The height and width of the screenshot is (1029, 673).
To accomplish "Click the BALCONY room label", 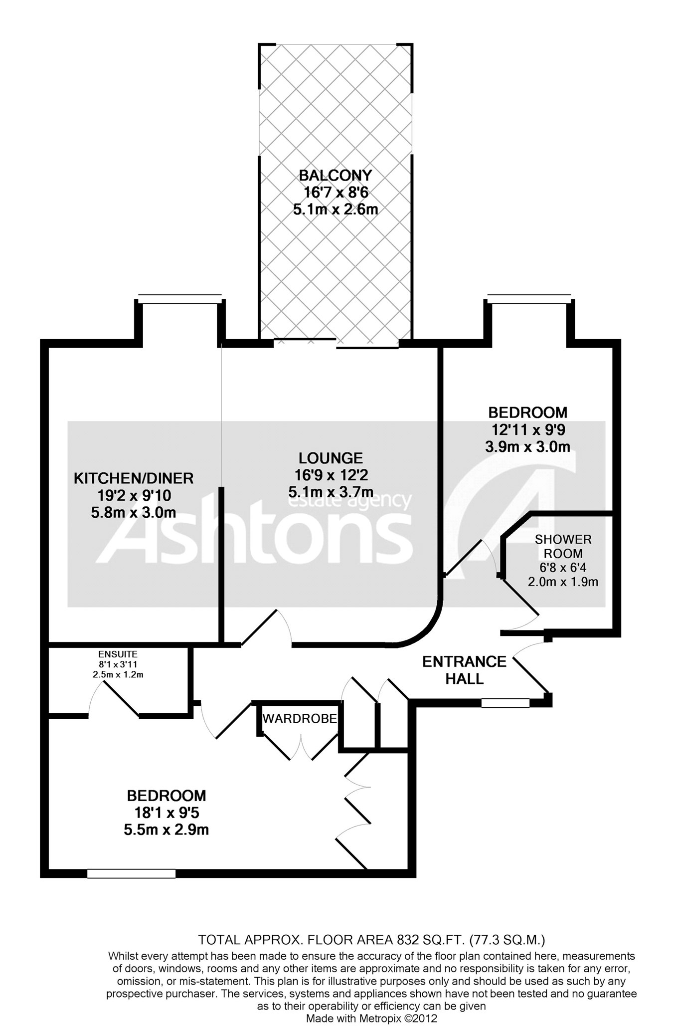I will (335, 176).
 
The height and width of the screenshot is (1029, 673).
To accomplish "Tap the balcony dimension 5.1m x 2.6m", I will (335, 209).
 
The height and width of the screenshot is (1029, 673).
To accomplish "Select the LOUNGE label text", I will (331, 458).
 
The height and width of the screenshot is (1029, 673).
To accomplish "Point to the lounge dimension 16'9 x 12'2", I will (331, 475).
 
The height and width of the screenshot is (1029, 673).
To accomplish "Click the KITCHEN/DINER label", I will (134, 478).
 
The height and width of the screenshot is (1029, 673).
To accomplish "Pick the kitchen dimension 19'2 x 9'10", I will (134, 495).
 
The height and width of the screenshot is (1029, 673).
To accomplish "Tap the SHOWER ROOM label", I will (563, 546).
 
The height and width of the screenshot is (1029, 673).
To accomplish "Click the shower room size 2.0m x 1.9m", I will (563, 582).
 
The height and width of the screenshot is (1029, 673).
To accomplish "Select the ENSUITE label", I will (118, 654).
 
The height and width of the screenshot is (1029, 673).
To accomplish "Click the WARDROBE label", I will (300, 719).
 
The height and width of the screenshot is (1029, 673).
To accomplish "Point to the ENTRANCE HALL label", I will (464, 670).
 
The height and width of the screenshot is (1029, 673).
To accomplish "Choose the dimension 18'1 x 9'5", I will (167, 813).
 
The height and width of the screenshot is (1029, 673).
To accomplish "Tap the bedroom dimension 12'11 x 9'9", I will (527, 429).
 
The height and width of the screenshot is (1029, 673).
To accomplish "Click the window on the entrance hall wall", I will (505, 703).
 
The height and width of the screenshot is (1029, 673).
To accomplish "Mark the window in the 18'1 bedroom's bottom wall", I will (131, 873).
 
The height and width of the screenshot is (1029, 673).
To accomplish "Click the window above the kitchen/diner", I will (179, 299).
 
